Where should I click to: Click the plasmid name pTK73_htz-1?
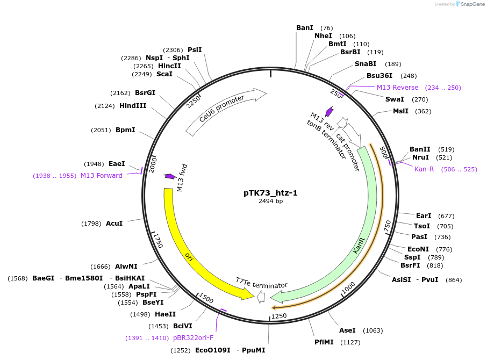click(270, 193)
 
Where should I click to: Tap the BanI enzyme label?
click(305, 27)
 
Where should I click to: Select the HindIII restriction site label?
click(133, 106)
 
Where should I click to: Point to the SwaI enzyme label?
click(395, 99)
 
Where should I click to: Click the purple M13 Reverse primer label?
click(397, 88)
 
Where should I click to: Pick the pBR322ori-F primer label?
click(193, 338)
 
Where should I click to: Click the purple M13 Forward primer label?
click(102, 176)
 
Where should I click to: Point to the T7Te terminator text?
click(261, 283)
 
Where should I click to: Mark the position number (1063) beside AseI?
click(373, 330)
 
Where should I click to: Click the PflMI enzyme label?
click(324, 342)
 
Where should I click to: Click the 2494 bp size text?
click(270, 201)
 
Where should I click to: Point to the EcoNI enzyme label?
click(418, 249)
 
